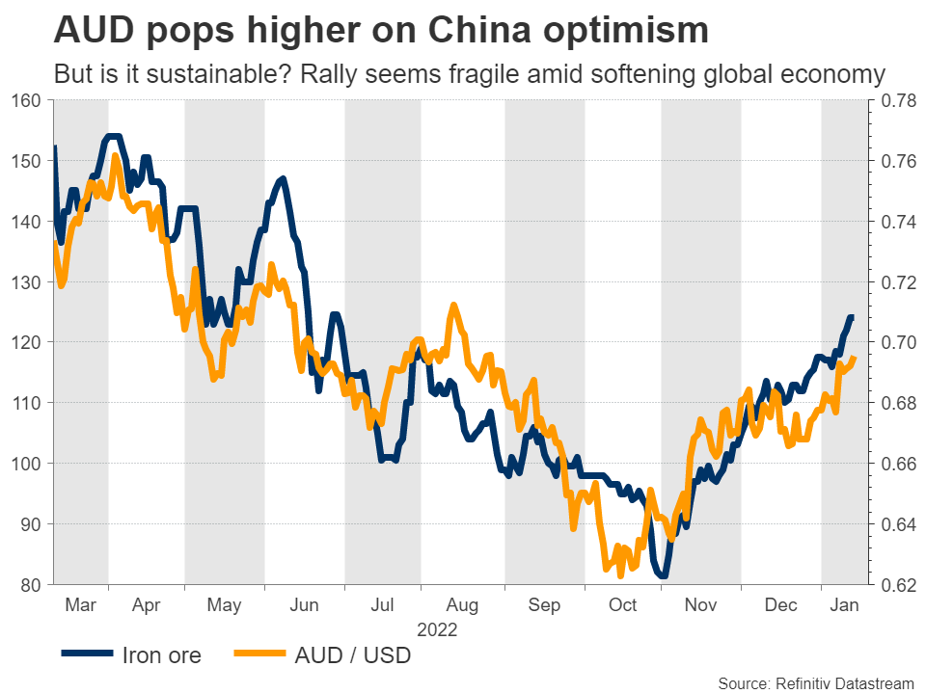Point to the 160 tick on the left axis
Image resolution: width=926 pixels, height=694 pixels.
pyautogui.click(x=26, y=100)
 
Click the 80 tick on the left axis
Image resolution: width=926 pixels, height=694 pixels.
pyautogui.click(x=31, y=585)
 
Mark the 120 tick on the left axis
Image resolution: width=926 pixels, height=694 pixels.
pyautogui.click(x=26, y=342)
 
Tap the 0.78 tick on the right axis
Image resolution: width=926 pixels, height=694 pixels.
pyautogui.click(x=894, y=100)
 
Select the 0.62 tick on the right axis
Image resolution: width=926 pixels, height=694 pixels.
pyautogui.click(x=894, y=585)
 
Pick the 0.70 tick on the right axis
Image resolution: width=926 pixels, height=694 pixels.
pyautogui.click(x=894, y=342)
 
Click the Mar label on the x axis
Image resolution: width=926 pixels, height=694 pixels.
pyautogui.click(x=80, y=605)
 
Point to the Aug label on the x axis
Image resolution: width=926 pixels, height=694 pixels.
pyautogui.click(x=462, y=605)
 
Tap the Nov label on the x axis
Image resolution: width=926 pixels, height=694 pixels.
pyautogui.click(x=700, y=605)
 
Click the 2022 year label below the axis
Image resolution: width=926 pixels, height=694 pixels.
pyautogui.click(x=436, y=630)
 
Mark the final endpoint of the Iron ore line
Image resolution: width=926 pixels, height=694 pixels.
pyautogui.click(x=852, y=317)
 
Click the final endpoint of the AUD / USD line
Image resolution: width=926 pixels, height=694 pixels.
pyautogui.click(x=856, y=359)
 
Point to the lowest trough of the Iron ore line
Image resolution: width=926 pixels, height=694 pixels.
pyautogui.click(x=663, y=576)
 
